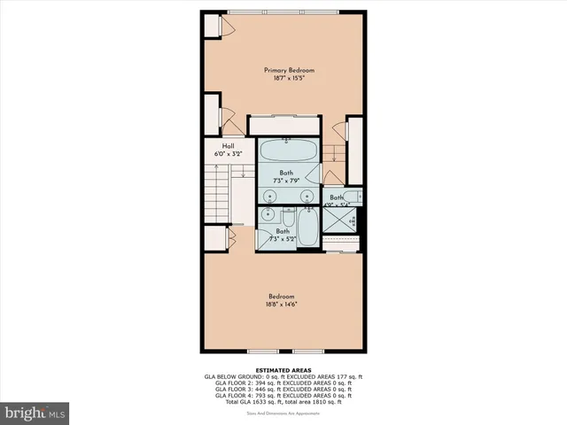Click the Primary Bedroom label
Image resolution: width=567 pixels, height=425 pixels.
coord(289,70)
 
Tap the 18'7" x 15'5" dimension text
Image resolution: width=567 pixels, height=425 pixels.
coord(289,79)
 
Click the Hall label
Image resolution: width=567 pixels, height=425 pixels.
coord(228,146)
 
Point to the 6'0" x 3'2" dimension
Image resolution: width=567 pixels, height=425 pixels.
coord(228,154)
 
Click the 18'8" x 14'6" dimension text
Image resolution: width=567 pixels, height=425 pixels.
coord(282,304)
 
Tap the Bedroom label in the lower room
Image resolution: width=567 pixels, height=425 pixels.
coord(282,296)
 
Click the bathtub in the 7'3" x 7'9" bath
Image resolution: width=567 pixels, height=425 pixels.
coord(287,151)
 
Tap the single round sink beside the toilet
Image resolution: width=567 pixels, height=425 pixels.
coord(267,215)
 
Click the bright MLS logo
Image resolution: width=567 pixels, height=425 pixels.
coord(35,413)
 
